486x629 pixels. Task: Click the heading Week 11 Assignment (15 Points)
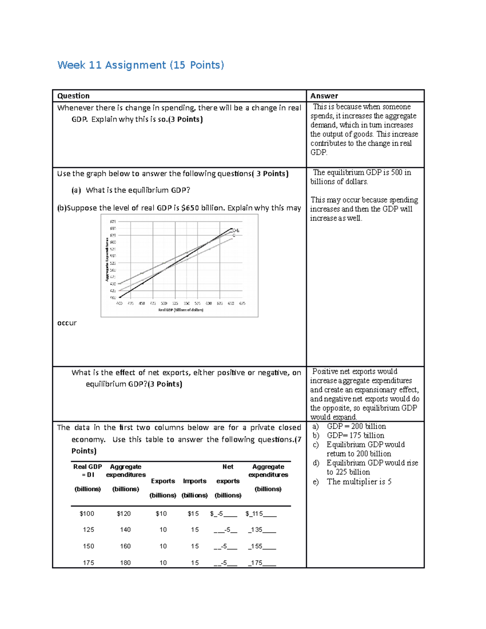point(141,65)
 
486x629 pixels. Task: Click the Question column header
point(73,96)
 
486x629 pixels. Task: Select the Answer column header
point(324,96)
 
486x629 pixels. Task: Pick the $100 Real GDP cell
point(87,514)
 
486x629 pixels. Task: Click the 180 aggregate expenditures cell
point(125,563)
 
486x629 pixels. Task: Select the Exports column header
point(163,481)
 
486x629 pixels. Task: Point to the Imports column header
point(194,481)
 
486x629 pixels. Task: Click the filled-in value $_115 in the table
point(255,514)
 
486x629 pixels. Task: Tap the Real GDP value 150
point(88,546)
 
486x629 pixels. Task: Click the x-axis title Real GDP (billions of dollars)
point(181,310)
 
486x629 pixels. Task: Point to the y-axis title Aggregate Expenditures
point(107,259)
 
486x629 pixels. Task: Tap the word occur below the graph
point(67,323)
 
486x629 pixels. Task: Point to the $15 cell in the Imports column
point(193,514)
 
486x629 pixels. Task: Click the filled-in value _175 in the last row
point(257,563)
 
